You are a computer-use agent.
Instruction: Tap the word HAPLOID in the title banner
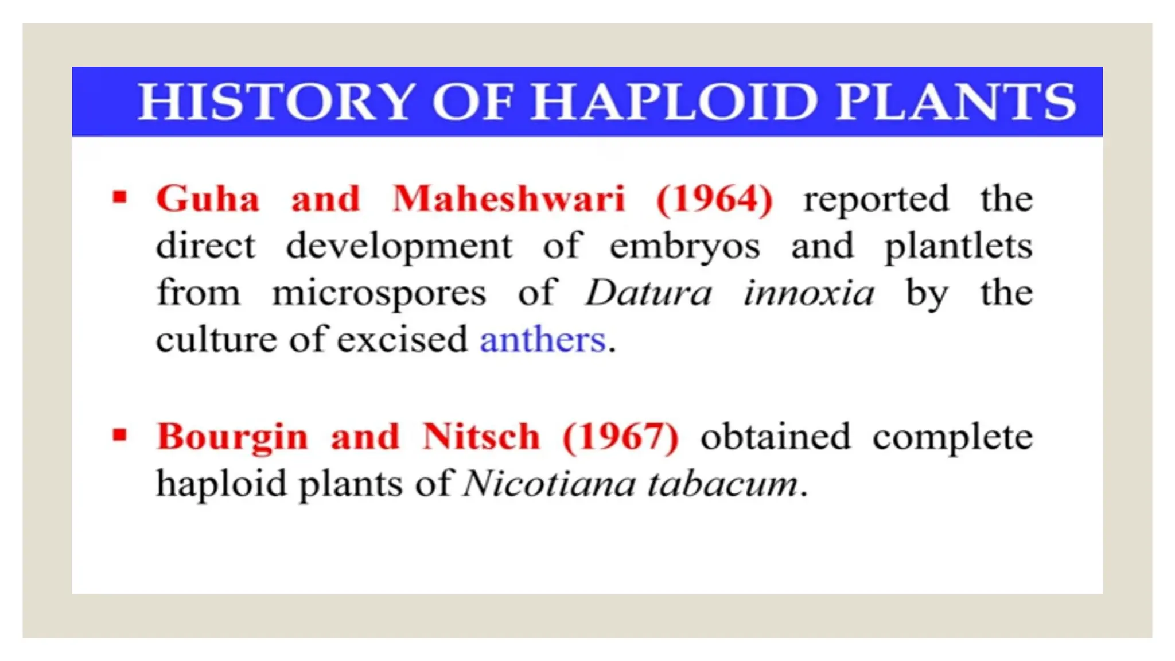pos(674,102)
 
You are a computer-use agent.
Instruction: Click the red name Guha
pos(208,199)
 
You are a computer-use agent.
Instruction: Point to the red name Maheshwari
pos(508,199)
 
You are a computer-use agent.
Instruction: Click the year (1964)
pos(714,199)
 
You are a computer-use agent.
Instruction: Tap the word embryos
pos(684,247)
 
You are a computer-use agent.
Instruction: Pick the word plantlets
pos(958,247)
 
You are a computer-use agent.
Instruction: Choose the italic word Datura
pos(648,293)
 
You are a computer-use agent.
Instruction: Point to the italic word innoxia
pos(809,293)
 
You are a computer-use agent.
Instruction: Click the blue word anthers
pos(543,340)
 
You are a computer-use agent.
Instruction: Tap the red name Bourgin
pos(232,438)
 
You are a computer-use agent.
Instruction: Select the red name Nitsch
pos(481,437)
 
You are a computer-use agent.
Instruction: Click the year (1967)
pos(621,437)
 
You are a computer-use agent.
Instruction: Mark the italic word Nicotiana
pos(549,484)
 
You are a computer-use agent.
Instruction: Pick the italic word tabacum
pos(723,484)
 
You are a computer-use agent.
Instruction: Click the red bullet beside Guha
pos(119,198)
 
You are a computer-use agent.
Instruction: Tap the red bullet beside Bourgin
pos(119,436)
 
